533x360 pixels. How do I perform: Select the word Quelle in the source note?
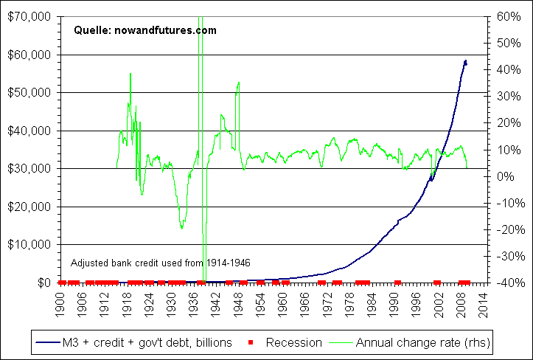pos(89,30)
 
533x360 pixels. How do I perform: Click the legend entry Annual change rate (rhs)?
pos(423,342)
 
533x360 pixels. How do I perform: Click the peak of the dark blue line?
pos(465,60)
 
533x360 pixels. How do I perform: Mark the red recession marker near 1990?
pos(397,282)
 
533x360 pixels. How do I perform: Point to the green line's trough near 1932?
pos(181,228)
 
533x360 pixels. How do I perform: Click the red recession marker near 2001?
pos(437,282)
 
